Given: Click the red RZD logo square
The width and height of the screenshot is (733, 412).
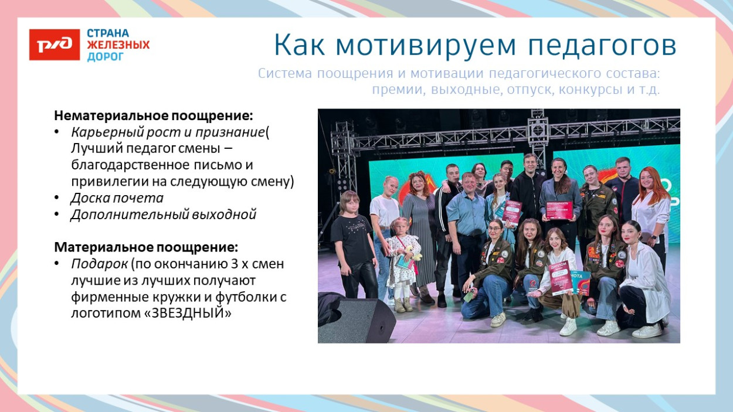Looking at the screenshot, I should (54, 45).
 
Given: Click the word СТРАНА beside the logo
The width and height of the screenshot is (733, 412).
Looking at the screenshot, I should (108, 33).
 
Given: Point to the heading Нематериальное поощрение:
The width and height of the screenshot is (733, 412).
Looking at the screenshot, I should (154, 115).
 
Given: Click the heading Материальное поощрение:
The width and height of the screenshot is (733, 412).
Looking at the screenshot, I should (146, 247).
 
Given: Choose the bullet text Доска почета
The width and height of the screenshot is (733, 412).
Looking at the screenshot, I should (117, 198).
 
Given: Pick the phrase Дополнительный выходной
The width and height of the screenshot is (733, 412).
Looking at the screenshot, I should (164, 214).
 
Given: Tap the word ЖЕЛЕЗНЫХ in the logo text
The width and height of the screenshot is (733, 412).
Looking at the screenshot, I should (118, 45).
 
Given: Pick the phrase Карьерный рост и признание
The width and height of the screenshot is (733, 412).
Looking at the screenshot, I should (168, 132).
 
